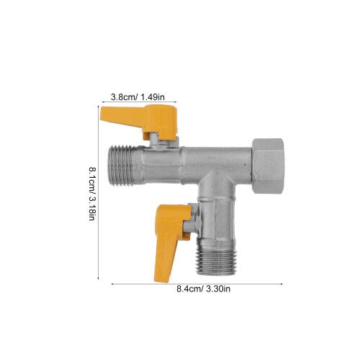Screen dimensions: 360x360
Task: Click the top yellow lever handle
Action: pos(144,120)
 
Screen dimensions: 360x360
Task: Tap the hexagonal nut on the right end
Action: pos(268,166)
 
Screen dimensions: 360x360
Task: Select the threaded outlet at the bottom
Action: pos(217,259)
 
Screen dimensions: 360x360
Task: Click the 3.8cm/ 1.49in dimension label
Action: pos(138,97)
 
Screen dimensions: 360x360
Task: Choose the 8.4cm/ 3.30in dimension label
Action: pos(204,289)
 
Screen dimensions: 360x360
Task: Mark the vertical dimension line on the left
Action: pos(99,192)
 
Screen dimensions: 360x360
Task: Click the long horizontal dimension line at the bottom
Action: pos(197,284)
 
